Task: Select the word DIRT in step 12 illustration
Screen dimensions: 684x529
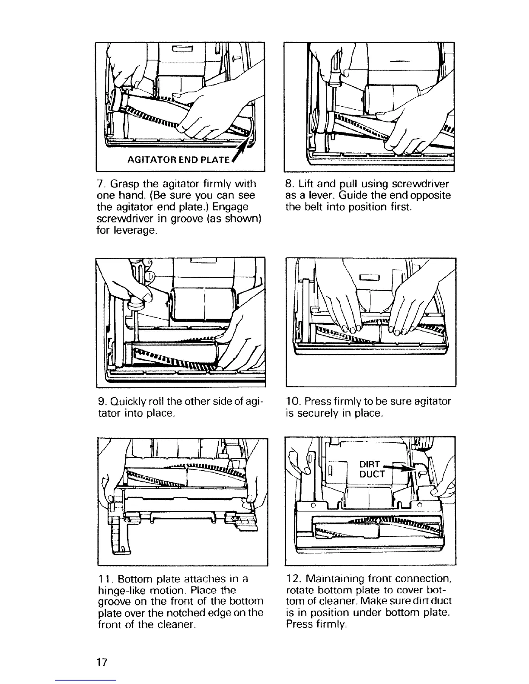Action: click(369, 464)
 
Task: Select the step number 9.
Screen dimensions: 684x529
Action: click(99, 401)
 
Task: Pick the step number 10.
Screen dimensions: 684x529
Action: click(290, 401)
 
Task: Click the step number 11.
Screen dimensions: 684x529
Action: click(102, 579)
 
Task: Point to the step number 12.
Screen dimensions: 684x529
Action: click(292, 579)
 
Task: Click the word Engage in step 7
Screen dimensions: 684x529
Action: click(231, 207)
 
